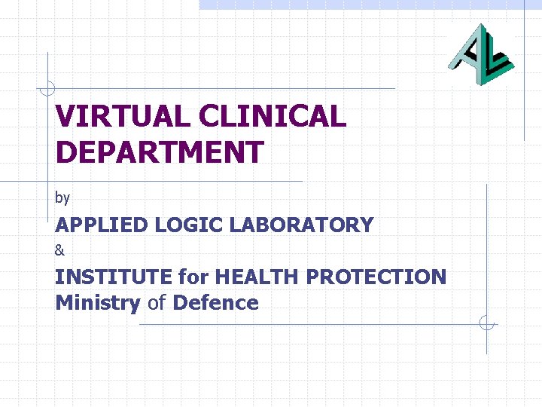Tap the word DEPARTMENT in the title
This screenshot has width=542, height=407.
click(159, 152)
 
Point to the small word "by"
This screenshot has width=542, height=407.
click(62, 198)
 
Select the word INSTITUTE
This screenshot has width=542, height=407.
click(114, 277)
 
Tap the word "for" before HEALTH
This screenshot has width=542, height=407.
click(193, 277)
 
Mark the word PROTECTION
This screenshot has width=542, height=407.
click(376, 277)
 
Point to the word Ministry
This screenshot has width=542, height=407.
click(98, 304)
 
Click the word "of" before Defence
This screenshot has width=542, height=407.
click(157, 303)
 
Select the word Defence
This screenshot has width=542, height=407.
click(215, 303)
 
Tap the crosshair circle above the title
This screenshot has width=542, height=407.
click(47, 88)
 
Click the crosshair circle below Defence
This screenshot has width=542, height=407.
click(487, 324)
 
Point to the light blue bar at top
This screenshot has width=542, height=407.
click(369, 5)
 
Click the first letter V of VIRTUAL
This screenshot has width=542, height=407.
click(65, 117)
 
